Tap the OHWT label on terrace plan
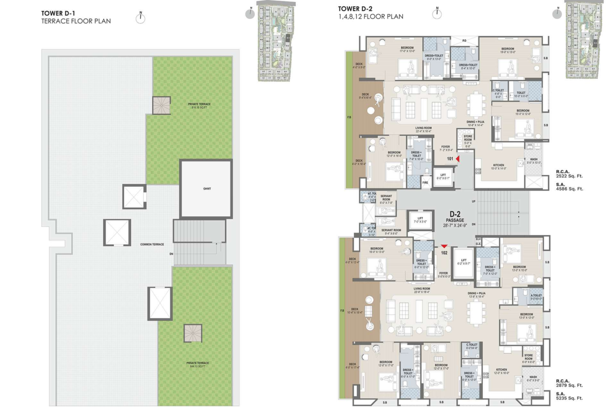pyautogui.click(x=206, y=189)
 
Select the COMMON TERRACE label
pyautogui.click(x=152, y=245)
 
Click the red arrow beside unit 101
pyautogui.click(x=458, y=158)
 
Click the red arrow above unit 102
pyautogui.click(x=444, y=246)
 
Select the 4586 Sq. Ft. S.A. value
pyautogui.click(x=569, y=188)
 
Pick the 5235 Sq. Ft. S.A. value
pyautogui.click(x=569, y=398)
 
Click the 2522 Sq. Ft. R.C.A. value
pyautogui.click(x=569, y=177)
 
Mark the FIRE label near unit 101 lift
pyautogui.click(x=425, y=183)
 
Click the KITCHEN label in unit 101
pyautogui.click(x=499, y=165)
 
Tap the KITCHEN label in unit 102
pyautogui.click(x=501, y=370)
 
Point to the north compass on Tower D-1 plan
pyautogui.click(x=140, y=18)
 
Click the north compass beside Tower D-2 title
pyautogui.click(x=436, y=14)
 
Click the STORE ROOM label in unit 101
pyautogui.click(x=468, y=139)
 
